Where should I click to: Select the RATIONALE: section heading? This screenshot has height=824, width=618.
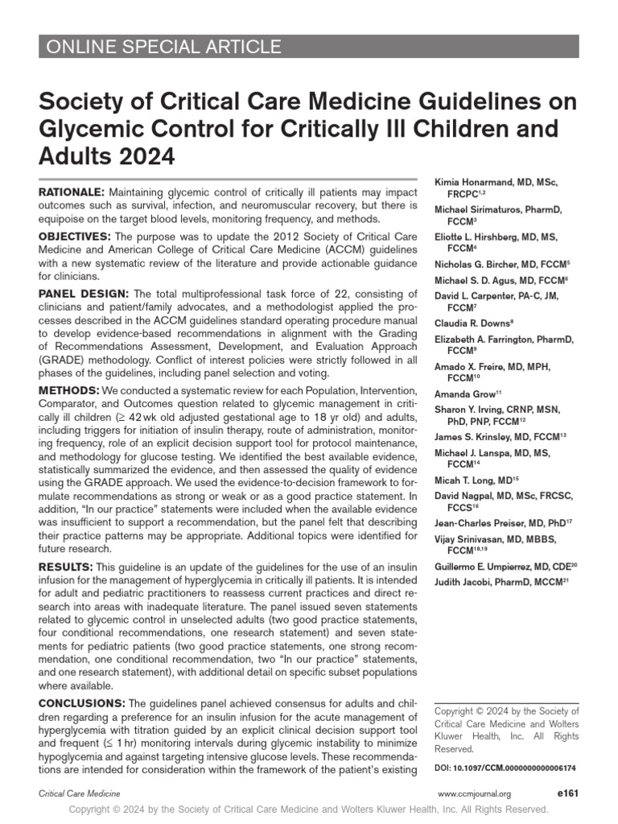(x=72, y=193)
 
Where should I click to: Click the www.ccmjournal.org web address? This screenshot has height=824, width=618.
(x=475, y=794)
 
